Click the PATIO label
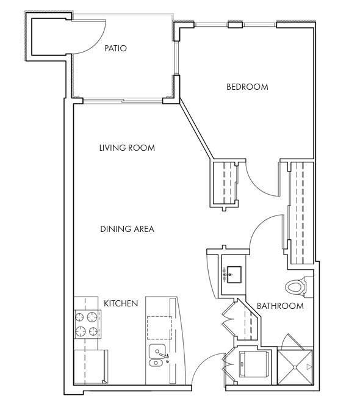(x=115, y=48)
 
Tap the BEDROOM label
(x=247, y=87)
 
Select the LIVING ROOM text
(x=127, y=148)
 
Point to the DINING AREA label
(x=127, y=229)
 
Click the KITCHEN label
(x=121, y=303)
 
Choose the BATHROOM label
(x=280, y=306)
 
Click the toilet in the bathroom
(x=296, y=287)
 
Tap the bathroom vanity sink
(x=234, y=275)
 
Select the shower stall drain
(x=295, y=367)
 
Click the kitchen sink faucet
(x=164, y=355)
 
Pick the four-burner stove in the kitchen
(x=88, y=324)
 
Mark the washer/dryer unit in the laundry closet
(x=254, y=364)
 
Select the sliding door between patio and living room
(x=123, y=101)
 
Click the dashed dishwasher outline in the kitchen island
(x=159, y=328)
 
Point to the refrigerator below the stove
(x=91, y=367)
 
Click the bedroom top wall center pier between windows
(x=235, y=25)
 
